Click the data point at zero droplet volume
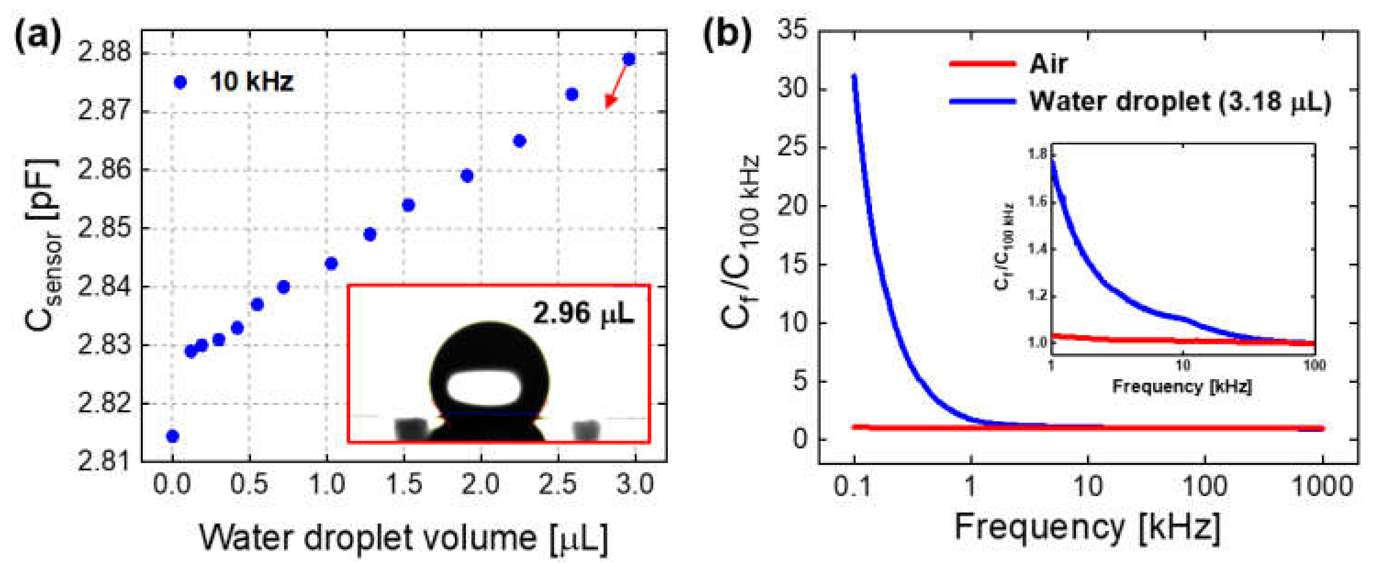click(172, 436)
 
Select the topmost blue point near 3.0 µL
click(629, 59)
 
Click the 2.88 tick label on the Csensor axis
click(105, 54)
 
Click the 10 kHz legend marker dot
click(181, 82)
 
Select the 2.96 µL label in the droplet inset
click(583, 313)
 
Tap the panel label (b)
click(727, 35)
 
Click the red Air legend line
click(983, 64)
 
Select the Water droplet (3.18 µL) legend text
click(1180, 101)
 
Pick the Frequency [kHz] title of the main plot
click(1087, 528)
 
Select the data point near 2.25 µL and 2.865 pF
click(519, 141)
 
